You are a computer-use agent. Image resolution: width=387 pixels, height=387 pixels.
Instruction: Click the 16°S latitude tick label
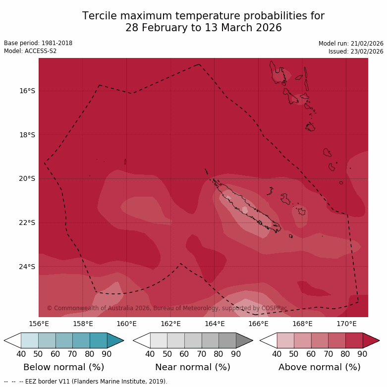(x=28, y=91)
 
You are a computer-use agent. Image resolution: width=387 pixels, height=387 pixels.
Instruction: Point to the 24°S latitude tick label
(x=28, y=267)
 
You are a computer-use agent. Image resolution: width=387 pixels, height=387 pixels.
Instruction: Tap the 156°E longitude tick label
(x=39, y=324)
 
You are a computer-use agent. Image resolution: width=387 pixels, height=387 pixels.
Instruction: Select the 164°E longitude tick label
(x=215, y=324)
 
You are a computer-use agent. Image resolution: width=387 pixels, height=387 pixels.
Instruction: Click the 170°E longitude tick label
(x=346, y=324)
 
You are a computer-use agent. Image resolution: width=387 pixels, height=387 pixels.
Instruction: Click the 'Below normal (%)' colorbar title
(x=64, y=367)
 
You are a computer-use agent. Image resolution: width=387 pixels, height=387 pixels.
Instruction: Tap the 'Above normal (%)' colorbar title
(x=320, y=367)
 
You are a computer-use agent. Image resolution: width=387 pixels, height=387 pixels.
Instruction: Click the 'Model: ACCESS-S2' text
(x=30, y=51)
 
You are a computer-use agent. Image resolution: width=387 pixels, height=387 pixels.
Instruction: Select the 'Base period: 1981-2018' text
(x=38, y=43)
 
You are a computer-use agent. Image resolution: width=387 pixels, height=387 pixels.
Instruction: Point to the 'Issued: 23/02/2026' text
(x=356, y=52)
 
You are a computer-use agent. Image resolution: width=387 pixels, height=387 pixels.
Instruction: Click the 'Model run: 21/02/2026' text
(x=351, y=44)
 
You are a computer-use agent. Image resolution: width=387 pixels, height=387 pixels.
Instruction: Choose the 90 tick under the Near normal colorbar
(x=236, y=354)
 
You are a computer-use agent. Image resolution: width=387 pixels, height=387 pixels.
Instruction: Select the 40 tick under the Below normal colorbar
(x=21, y=354)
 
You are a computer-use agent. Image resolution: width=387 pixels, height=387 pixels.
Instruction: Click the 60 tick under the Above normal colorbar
(x=311, y=354)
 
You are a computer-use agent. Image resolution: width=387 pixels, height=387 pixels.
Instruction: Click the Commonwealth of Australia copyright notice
(x=167, y=308)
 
